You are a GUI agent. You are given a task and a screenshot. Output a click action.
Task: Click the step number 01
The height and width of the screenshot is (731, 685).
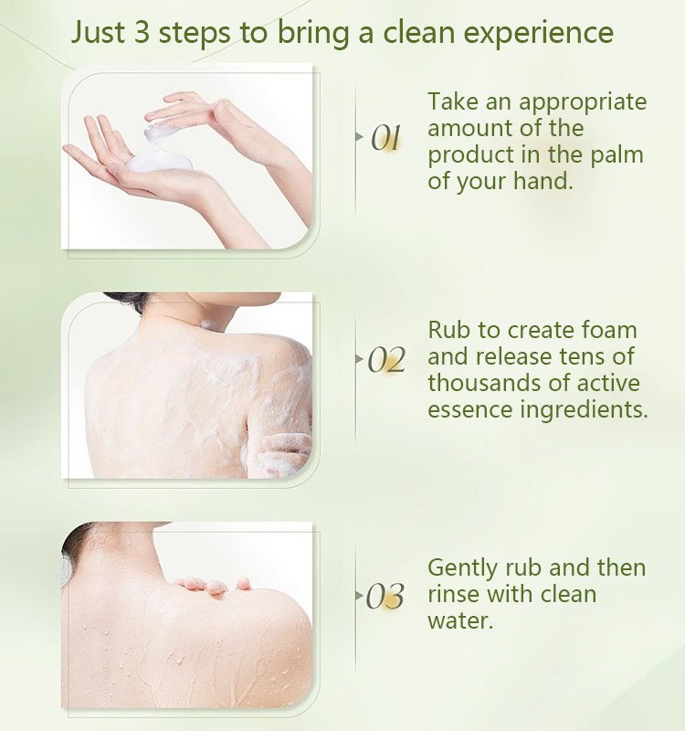(386, 138)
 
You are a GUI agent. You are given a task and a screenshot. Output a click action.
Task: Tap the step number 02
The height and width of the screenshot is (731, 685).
(385, 361)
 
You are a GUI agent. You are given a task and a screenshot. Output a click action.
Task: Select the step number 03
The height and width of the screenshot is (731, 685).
(385, 598)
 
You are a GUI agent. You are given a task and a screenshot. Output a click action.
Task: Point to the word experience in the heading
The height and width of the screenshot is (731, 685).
(539, 35)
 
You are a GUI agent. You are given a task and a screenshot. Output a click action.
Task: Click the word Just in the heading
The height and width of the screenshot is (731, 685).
(101, 33)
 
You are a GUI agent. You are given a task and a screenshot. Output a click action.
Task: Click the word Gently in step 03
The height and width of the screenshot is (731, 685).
(463, 568)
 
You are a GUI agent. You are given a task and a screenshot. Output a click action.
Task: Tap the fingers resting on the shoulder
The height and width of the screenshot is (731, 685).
(215, 584)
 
